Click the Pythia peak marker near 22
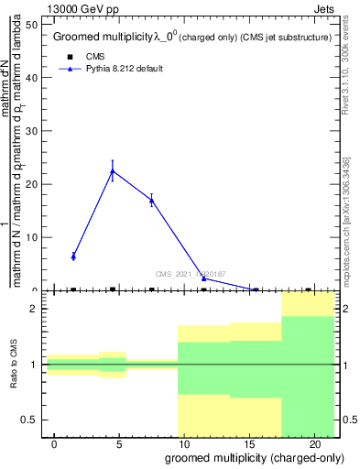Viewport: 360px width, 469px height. [112, 171]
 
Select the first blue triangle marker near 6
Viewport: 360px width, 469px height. [73, 256]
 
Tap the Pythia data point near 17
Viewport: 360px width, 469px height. [151, 200]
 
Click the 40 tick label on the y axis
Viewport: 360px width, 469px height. [31, 77]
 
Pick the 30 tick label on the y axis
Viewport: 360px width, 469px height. [31, 131]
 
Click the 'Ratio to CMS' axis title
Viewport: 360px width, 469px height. [14, 365]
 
